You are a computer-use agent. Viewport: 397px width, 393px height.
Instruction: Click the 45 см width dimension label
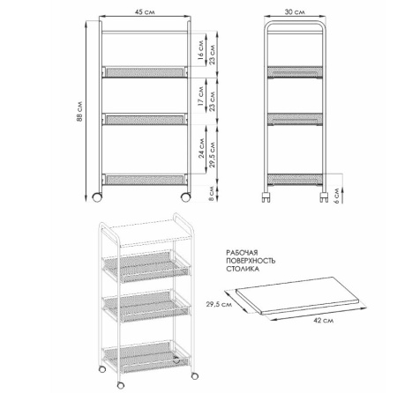pyautogui.click(x=145, y=12)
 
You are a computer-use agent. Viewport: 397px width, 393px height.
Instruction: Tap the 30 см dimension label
pyautogui.click(x=295, y=12)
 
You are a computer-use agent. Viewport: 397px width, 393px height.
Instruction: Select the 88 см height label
pyautogui.click(x=79, y=112)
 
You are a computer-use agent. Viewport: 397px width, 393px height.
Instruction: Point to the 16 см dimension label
pyautogui.click(x=200, y=50)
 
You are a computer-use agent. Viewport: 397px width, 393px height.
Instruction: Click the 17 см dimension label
pyautogui.click(x=200, y=96)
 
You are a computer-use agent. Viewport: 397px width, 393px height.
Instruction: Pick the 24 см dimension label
pyautogui.click(x=201, y=148)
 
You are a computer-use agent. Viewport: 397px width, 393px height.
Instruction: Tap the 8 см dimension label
pyautogui.click(x=211, y=194)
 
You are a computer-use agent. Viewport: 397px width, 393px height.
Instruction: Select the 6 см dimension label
pyautogui.click(x=337, y=196)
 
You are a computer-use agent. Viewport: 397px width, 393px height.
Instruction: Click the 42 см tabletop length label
pyautogui.click(x=324, y=320)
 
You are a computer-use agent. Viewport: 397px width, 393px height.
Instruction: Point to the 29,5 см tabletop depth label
pyautogui.click(x=219, y=304)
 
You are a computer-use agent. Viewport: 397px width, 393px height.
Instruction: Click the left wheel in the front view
pyautogui.click(x=97, y=197)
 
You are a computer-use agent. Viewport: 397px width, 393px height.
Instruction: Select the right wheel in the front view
pyautogui.click(x=185, y=197)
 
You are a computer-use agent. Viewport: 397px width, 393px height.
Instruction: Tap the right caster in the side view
pyautogui.click(x=324, y=197)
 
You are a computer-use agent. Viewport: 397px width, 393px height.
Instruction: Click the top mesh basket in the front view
pyautogui.click(x=145, y=72)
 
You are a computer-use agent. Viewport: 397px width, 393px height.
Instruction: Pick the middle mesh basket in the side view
pyautogui.click(x=295, y=119)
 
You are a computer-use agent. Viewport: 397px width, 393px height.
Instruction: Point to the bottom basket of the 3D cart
pyautogui.click(x=146, y=356)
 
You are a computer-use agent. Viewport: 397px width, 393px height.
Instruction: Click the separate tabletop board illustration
pyautogui.click(x=297, y=295)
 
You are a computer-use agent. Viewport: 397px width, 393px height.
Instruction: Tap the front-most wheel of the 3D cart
pyautogui.click(x=121, y=385)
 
